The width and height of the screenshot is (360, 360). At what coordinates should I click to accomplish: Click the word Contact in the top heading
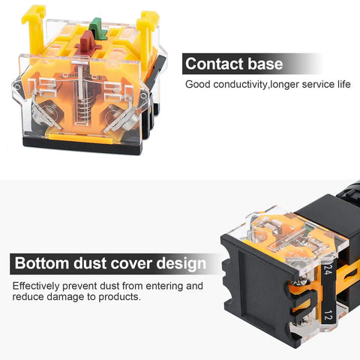point(214,64)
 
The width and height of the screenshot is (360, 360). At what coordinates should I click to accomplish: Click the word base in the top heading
point(265,64)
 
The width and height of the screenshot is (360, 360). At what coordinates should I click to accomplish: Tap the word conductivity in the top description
point(241,85)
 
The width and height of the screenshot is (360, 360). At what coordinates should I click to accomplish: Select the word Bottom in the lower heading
point(41,263)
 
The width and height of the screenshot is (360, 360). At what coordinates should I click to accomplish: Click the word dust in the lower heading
point(90,263)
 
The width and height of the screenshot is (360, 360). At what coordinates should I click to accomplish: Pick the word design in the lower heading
point(181,264)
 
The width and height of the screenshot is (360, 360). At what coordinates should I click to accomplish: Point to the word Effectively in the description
point(36,286)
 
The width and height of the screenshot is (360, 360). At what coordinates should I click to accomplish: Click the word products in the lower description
point(119,297)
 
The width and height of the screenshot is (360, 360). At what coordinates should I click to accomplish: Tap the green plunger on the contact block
point(98,28)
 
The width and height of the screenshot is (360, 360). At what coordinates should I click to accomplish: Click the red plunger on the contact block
point(88,42)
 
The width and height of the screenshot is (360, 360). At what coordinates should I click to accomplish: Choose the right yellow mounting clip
point(148,35)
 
